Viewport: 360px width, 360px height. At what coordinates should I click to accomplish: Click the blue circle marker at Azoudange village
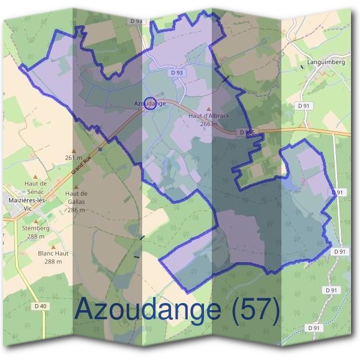click(x=151, y=103)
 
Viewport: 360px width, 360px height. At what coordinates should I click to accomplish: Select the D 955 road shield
click(x=246, y=132)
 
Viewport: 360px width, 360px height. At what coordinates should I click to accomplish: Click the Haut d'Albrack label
click(x=209, y=115)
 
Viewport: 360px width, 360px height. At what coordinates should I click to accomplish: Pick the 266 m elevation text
click(x=209, y=124)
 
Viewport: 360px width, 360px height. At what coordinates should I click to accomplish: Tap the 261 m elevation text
click(x=74, y=158)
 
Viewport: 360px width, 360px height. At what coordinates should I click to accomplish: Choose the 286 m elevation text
click(x=77, y=210)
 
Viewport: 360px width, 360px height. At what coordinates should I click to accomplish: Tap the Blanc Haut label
click(x=53, y=254)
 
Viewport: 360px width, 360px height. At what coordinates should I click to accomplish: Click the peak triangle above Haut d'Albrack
click(x=209, y=107)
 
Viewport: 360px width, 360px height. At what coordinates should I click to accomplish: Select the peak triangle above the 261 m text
click(x=74, y=151)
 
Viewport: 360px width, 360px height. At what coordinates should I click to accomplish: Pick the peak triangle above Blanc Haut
click(x=53, y=246)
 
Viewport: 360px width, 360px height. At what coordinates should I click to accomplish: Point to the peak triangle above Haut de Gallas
click(x=77, y=185)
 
